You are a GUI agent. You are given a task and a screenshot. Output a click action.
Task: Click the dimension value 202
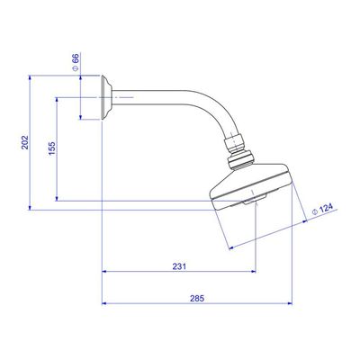(25, 142)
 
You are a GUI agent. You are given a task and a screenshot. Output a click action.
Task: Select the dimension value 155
(52, 148)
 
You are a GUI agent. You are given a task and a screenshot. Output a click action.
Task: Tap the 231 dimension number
(179, 266)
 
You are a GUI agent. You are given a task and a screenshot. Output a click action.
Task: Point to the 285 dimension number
(197, 299)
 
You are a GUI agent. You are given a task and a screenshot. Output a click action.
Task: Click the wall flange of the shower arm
(106, 97)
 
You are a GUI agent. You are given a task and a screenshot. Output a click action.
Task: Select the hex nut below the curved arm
(234, 144)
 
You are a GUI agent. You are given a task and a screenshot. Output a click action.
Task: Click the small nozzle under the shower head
(255, 199)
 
